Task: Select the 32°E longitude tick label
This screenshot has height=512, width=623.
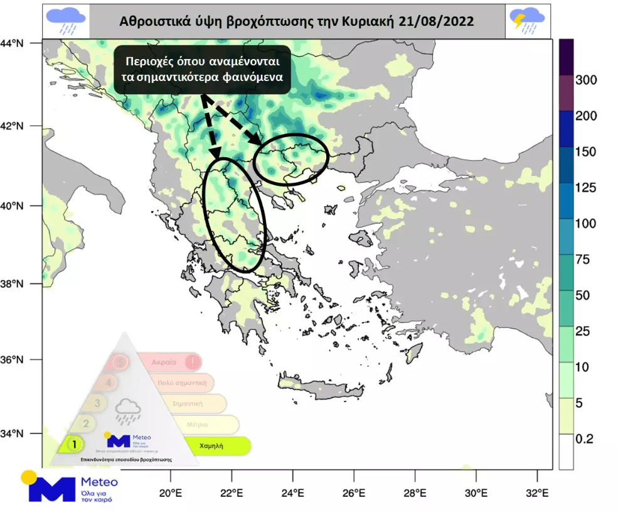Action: coord(536,492)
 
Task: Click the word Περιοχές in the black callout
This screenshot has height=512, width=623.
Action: coord(151,62)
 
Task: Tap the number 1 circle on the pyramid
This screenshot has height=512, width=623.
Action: coord(75,444)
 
